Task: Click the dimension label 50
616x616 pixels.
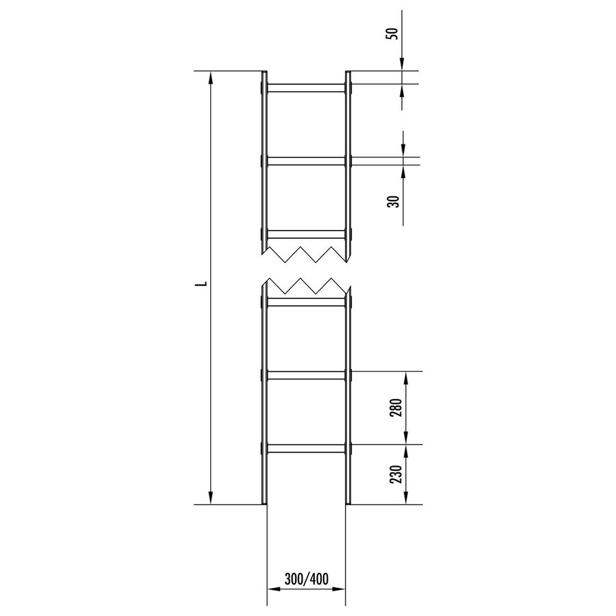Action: point(392,34)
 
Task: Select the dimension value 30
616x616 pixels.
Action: point(392,202)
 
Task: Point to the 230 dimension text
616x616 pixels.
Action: point(396,474)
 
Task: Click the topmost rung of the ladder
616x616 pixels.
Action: point(305,88)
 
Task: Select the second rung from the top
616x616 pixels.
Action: point(305,161)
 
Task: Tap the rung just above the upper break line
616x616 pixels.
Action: point(305,234)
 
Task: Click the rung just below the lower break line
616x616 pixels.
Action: point(305,302)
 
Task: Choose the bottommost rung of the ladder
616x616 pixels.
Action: point(305,449)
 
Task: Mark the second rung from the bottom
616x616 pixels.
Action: point(305,375)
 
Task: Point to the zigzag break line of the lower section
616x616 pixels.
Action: point(305,286)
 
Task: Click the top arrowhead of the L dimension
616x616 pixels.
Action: point(211,77)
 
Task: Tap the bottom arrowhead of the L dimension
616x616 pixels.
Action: point(211,499)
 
